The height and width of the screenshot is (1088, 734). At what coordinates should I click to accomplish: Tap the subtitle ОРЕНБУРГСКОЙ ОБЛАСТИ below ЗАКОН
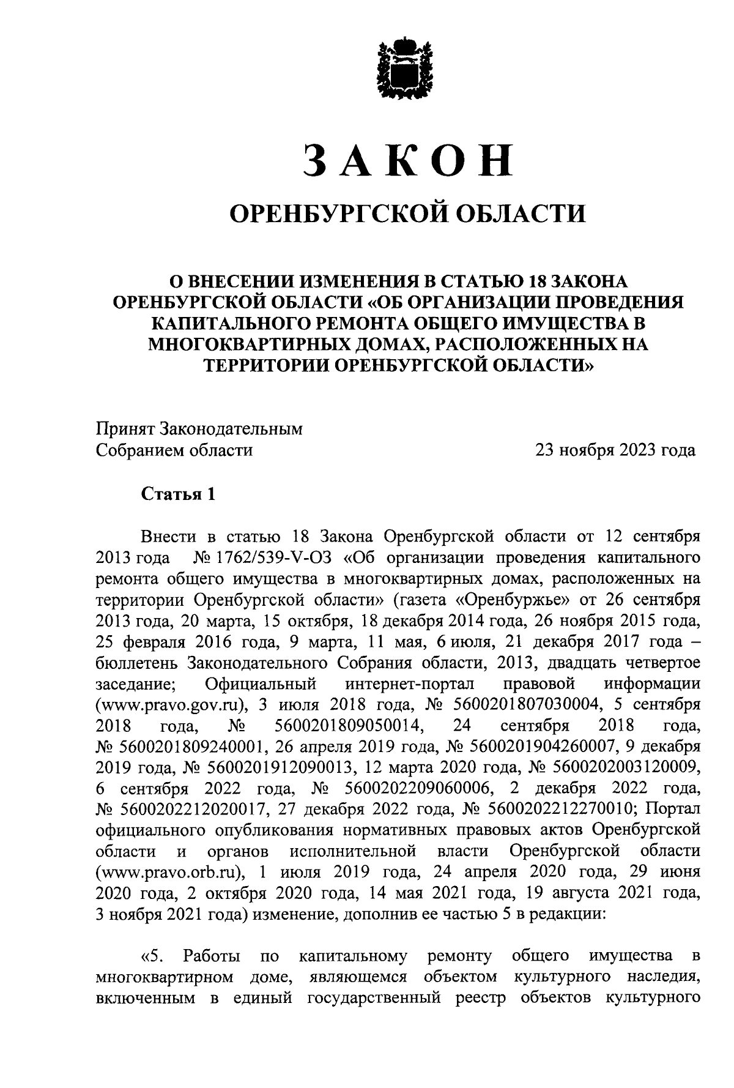click(407, 214)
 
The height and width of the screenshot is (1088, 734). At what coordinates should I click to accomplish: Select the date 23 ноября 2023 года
click(615, 451)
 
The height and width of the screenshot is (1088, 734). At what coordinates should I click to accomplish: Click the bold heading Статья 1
click(179, 494)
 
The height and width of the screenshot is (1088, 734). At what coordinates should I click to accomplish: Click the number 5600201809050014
click(350, 726)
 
